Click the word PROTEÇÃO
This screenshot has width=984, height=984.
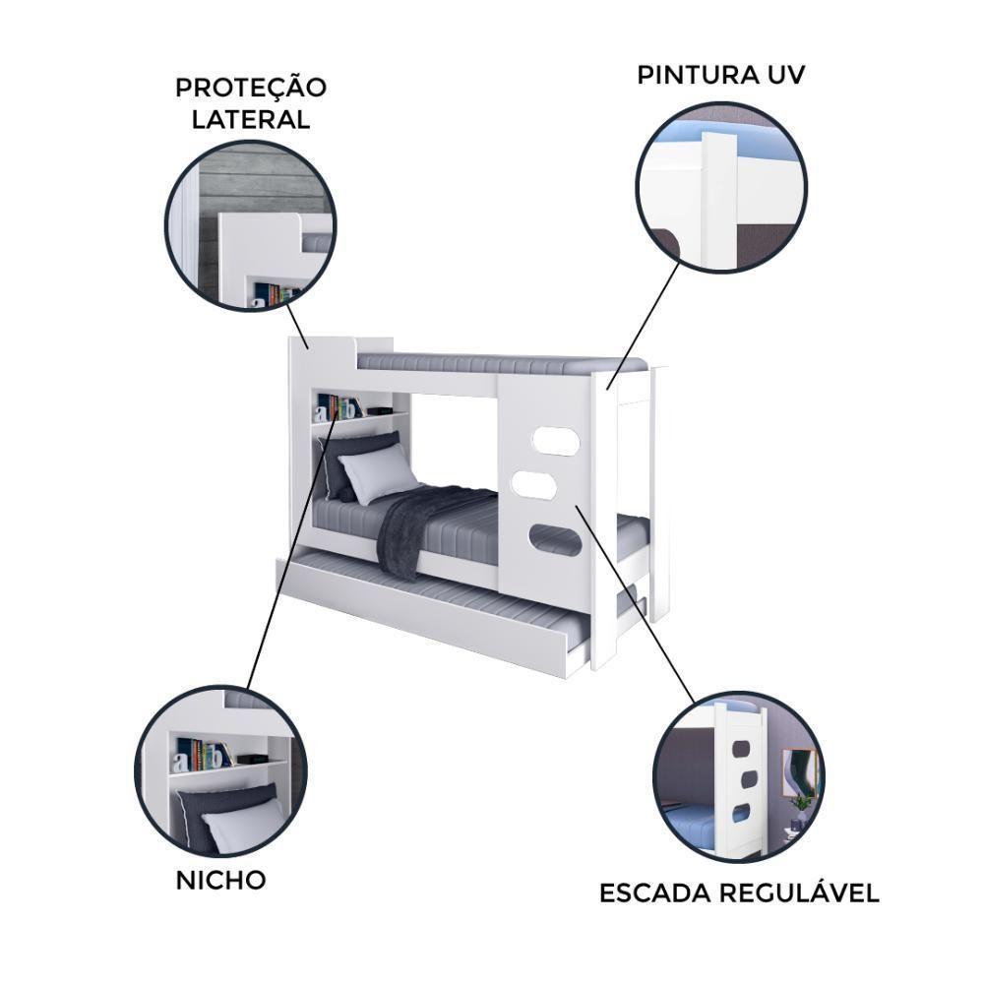251,87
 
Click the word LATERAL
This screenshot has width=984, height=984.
251,120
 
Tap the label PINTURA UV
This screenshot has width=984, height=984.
721,75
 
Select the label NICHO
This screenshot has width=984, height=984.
220,880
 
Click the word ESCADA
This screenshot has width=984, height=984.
654,893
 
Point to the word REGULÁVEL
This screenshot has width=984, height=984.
798,893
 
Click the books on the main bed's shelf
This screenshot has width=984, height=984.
340,406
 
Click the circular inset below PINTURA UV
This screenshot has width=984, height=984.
721,187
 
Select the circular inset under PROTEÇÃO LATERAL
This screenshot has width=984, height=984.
251,225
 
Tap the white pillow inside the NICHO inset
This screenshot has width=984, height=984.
241,825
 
